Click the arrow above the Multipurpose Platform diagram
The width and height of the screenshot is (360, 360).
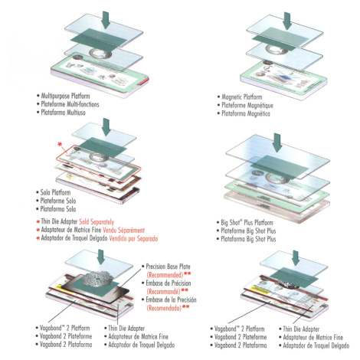click(x=106, y=20)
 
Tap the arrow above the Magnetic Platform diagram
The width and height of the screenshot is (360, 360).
click(x=287, y=21)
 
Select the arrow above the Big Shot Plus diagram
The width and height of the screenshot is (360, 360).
click(x=277, y=142)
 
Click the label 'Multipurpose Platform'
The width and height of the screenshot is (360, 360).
click(x=65, y=96)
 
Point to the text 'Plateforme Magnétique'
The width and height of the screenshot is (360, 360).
click(x=247, y=105)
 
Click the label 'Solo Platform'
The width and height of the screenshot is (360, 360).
click(x=55, y=192)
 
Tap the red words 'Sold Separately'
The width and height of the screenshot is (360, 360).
click(x=97, y=221)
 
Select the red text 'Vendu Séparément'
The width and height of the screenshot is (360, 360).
click(x=123, y=230)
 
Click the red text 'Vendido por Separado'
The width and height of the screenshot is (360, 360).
click(x=133, y=238)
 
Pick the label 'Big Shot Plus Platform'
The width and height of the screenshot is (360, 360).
click(x=247, y=222)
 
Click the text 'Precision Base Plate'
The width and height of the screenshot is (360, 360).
click(x=168, y=267)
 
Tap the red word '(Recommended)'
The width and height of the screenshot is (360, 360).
click(x=165, y=275)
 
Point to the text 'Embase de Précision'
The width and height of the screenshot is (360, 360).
click(x=169, y=283)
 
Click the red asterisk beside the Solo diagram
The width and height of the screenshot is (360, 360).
click(x=60, y=145)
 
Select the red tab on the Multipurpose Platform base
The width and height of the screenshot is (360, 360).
click(x=143, y=81)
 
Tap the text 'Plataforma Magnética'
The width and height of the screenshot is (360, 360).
click(x=246, y=113)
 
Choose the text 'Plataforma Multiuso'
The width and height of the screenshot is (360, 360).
click(x=64, y=113)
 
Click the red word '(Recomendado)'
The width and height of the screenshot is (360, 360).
click(x=164, y=308)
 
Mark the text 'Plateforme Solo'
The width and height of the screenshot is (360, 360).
click(x=58, y=201)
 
